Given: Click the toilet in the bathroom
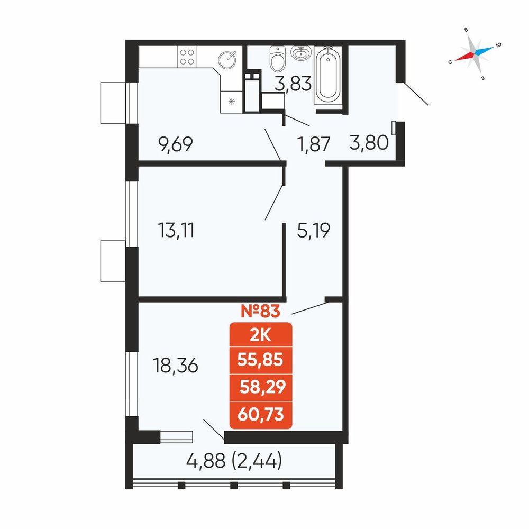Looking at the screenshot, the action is click(278, 59).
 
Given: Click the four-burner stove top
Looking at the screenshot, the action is click(187, 57).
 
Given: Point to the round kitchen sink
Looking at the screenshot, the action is click(227, 60).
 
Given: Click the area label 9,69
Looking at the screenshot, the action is click(176, 144).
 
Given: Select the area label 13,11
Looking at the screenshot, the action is click(176, 231).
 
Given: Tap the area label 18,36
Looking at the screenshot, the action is click(176, 366).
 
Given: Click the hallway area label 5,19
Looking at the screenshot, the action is click(313, 231).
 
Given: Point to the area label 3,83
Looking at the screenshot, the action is click(293, 84).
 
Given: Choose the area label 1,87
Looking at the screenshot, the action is click(313, 144).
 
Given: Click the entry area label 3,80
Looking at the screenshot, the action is click(369, 142).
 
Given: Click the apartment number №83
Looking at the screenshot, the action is click(260, 311).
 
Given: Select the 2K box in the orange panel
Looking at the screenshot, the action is click(260, 335).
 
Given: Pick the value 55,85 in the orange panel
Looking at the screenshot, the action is click(260, 360).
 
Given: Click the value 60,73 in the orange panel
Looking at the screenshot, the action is click(260, 414).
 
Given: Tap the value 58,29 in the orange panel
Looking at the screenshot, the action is click(263, 387).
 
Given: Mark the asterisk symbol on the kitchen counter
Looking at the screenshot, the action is click(232, 101).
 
